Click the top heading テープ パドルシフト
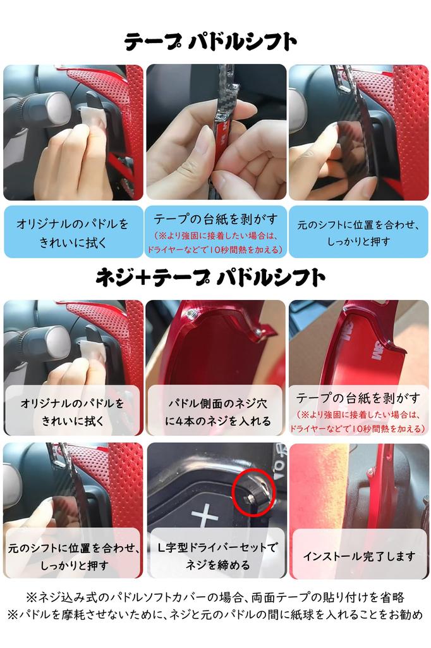pyautogui.click(x=210, y=42)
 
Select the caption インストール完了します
pyautogui.click(x=359, y=556)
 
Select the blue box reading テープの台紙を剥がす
pyautogui.click(x=216, y=232)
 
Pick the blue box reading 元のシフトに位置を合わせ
pyautogui.click(x=359, y=232)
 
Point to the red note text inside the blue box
pyautogui.click(x=216, y=243)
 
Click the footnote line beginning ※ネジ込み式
pyautogui.click(x=215, y=597)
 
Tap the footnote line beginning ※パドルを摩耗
pyautogui.click(x=215, y=614)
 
